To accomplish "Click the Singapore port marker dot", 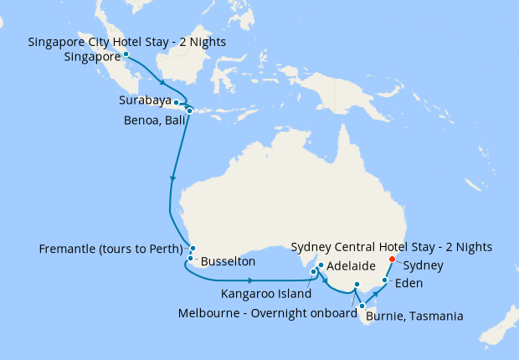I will (126, 54).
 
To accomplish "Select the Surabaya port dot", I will (176, 102).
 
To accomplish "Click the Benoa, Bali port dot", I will (189, 111).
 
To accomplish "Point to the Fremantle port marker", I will (193, 249).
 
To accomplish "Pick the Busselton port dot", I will (191, 259).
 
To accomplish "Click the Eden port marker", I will (384, 281).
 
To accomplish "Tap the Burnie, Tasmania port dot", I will (362, 306).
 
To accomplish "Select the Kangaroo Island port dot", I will (313, 272).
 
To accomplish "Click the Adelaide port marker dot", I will (321, 265).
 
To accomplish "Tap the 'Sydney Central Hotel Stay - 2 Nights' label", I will (391, 246).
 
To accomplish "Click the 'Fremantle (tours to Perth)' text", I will (111, 249).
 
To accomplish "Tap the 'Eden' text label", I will (409, 283).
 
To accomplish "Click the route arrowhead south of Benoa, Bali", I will (173, 178).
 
